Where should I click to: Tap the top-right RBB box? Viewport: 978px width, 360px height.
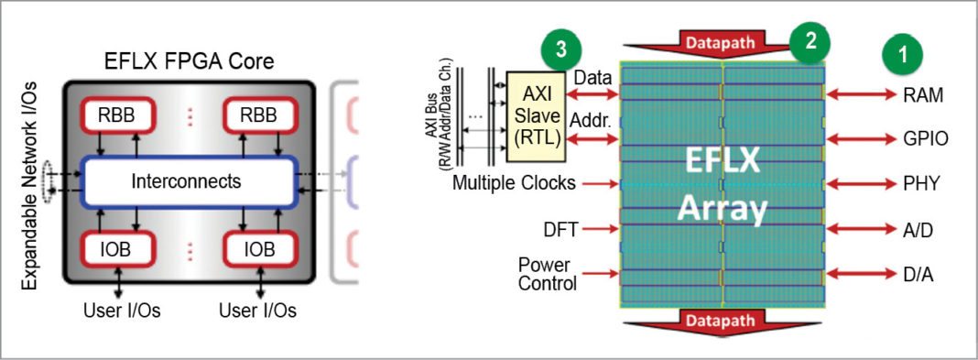click(259, 116)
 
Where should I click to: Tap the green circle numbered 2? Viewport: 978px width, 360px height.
click(810, 40)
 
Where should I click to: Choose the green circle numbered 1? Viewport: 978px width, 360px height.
click(903, 54)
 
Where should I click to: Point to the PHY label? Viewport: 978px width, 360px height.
click(918, 183)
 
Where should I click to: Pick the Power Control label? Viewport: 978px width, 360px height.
click(547, 274)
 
